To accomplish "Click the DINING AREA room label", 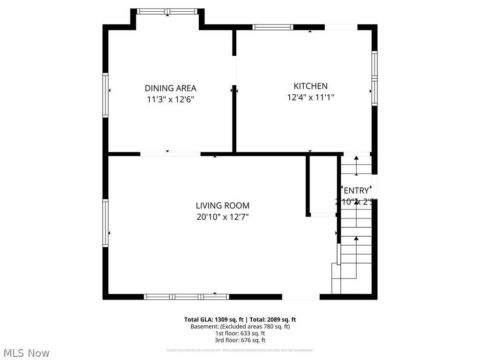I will (170, 88).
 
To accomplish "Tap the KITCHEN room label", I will (310, 86).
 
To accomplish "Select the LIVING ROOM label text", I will (223, 205).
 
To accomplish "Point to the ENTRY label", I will (356, 191).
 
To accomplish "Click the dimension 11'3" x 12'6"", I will (170, 99).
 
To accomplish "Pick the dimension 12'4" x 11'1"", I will (310, 97).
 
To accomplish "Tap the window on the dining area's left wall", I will (105, 95).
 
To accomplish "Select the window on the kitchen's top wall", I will (273, 27).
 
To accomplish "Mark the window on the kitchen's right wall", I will (374, 78).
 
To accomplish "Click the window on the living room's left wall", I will (105, 223).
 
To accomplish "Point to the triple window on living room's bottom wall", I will (186, 296).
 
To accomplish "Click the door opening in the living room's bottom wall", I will (300, 296).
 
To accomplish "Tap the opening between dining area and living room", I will (170, 153).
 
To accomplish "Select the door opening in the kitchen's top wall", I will (341, 27).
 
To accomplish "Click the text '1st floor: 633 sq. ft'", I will (240, 333).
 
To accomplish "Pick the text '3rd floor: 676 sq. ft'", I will (240, 340).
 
